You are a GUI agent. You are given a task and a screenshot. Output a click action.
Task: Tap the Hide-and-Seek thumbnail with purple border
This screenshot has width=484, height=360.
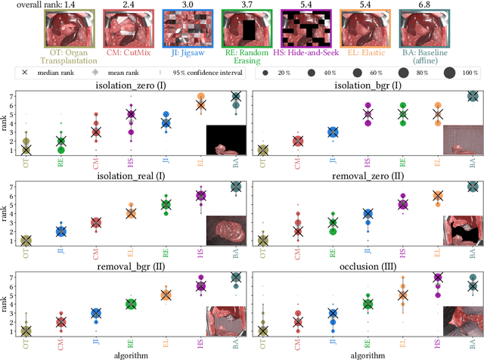click(306, 29)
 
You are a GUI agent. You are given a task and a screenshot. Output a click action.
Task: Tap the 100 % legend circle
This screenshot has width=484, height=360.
click(450, 73)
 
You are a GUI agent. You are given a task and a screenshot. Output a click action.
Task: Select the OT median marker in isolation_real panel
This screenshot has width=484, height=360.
click(26, 241)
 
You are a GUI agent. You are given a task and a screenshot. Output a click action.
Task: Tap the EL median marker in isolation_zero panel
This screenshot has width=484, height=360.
click(201, 105)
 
